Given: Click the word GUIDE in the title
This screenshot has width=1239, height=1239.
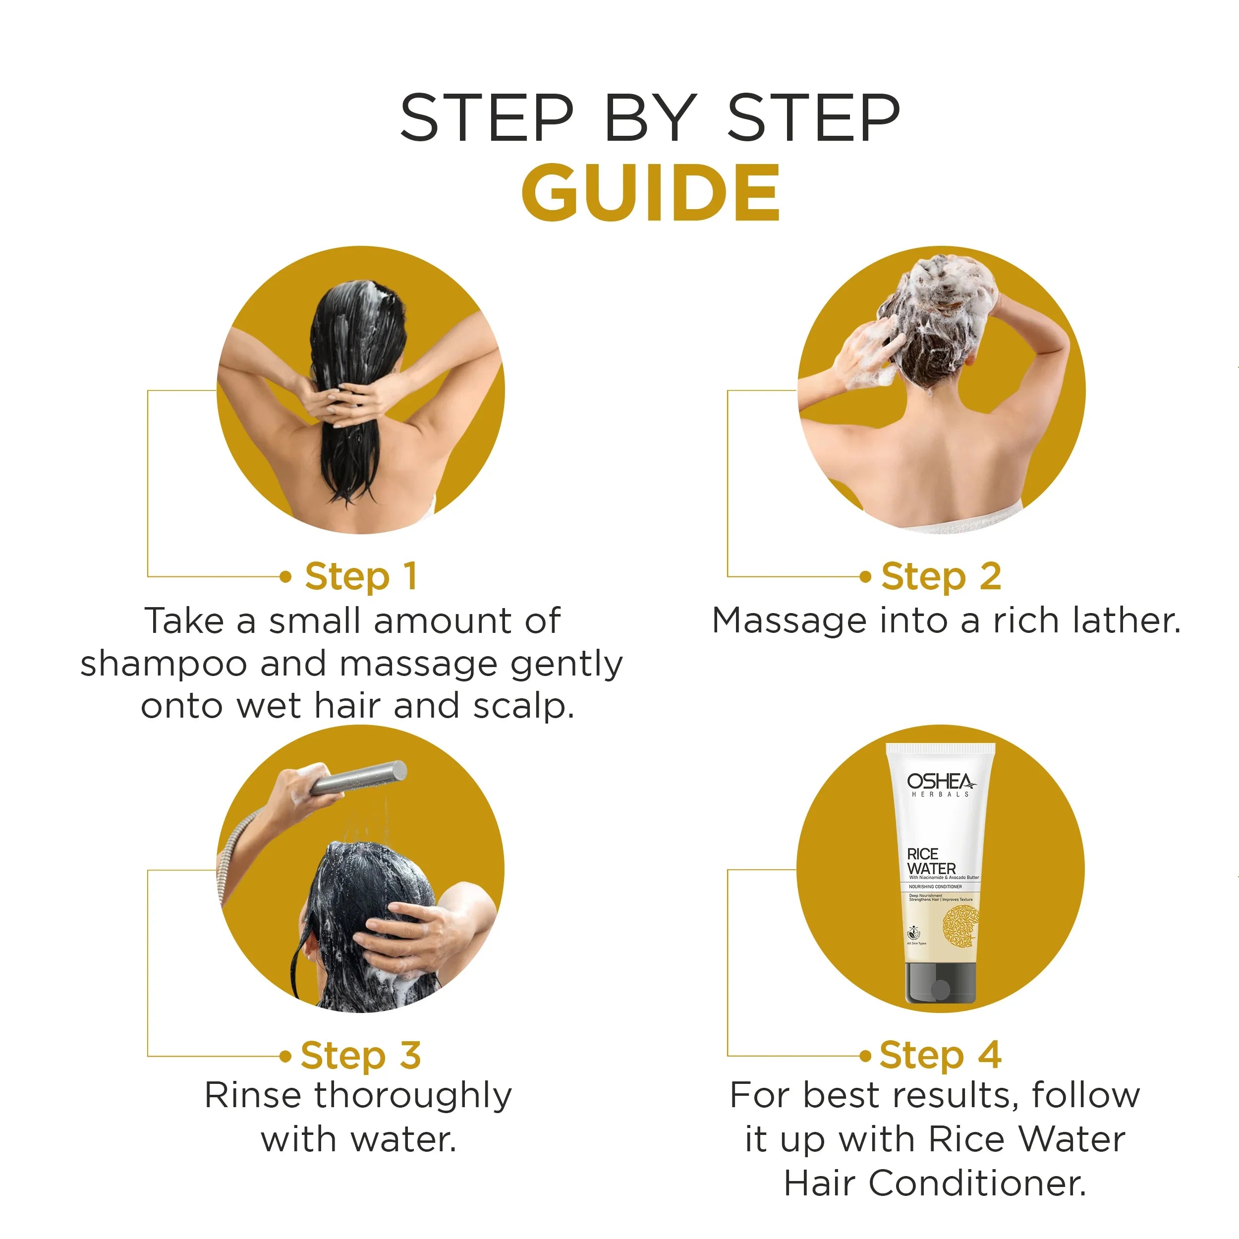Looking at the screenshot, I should coord(650,192).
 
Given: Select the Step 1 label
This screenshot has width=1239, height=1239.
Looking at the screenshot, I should coord(361,576).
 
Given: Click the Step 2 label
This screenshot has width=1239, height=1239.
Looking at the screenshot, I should coord(941,576).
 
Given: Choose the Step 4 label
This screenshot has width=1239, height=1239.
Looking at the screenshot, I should coord(940,1055).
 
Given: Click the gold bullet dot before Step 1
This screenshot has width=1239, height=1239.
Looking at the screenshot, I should coord(286,576).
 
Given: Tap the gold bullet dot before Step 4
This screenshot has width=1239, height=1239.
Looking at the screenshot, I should coord(866,1056).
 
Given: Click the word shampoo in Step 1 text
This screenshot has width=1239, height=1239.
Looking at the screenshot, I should coord(164,664).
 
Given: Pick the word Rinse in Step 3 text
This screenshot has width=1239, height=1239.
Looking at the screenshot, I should coord(253,1095).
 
